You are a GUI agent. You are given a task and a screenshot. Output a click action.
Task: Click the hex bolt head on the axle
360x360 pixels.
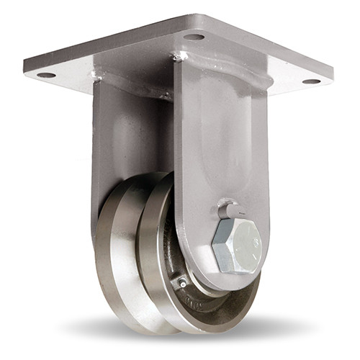pos(237,244)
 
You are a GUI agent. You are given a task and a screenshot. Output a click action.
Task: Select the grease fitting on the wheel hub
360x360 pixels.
pos(182,282)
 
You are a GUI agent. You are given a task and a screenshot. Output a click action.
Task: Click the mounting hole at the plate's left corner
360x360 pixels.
pos(46,74)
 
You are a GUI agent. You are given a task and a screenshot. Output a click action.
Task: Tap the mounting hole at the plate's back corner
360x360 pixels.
pos(194,37)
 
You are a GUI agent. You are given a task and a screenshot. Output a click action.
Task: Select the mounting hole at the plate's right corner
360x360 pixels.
pos(311,81)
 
